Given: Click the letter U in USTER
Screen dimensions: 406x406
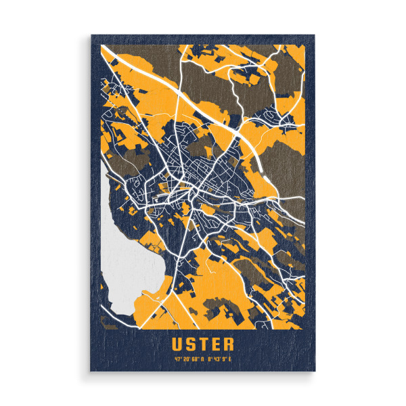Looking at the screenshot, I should (x=177, y=344).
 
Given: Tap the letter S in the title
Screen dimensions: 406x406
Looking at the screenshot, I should (x=190, y=344).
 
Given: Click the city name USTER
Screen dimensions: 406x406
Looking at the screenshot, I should (x=202, y=344).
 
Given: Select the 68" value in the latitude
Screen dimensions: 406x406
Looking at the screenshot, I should (x=195, y=358).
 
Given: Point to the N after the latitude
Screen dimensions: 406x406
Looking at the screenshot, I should (x=202, y=358).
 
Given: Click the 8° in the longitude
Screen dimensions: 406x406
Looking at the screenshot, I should (x=210, y=358).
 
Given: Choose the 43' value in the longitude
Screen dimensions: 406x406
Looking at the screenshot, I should (x=217, y=358).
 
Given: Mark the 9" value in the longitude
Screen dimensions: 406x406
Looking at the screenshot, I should (x=225, y=358).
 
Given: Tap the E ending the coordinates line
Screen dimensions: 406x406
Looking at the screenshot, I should (x=231, y=358).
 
